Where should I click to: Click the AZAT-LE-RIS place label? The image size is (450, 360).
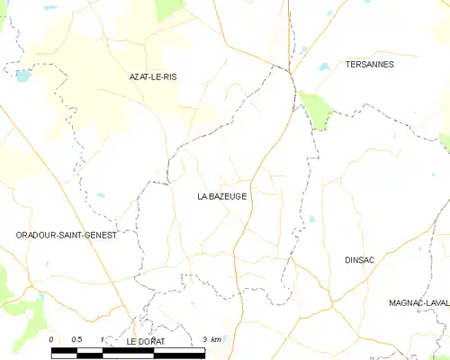pyautogui.click(x=152, y=77)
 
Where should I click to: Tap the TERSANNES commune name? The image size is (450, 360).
pyautogui.click(x=369, y=65)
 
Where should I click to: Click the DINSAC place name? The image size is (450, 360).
pyautogui.click(x=360, y=259)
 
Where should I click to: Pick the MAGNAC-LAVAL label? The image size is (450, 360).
pyautogui.click(x=419, y=303)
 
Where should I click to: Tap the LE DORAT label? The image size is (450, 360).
pyautogui.click(x=145, y=342)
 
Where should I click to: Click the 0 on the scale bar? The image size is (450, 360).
pyautogui.click(x=52, y=338)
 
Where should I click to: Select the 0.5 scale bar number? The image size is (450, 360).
pyautogui.click(x=76, y=338)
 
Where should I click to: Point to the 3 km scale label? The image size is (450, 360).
pyautogui.click(x=211, y=338)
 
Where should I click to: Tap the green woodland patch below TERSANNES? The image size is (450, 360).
pyautogui.click(x=316, y=110)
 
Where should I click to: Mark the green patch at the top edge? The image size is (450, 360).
pyautogui.click(x=168, y=9)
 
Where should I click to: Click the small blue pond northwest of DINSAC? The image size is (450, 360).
pyautogui.click(x=311, y=218)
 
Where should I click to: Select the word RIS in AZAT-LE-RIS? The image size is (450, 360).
pyautogui.click(x=169, y=77)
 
